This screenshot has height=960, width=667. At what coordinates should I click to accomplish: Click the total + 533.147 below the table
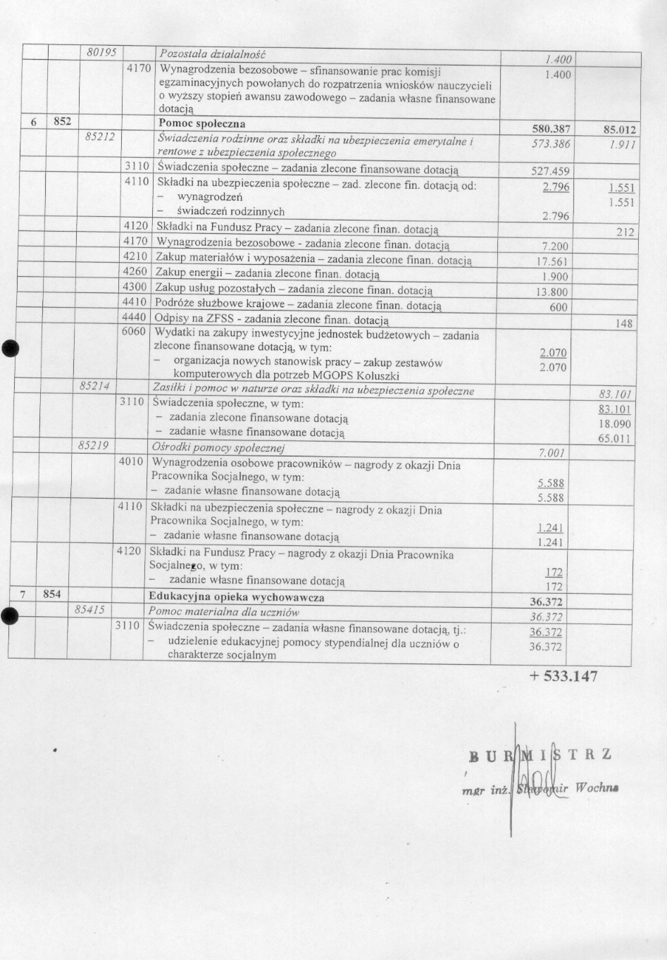click(x=563, y=676)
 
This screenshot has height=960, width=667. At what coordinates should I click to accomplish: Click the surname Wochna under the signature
click(x=597, y=787)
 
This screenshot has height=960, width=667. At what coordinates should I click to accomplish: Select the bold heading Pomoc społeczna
click(x=202, y=124)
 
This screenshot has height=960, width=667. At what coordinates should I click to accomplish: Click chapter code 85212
click(x=99, y=136)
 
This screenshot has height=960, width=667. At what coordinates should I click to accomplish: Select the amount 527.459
click(x=550, y=171)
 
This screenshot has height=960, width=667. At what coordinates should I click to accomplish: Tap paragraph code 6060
click(x=134, y=331)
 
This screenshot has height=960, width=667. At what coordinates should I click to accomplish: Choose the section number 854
click(x=52, y=594)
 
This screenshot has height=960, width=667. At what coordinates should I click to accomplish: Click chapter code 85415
click(x=90, y=609)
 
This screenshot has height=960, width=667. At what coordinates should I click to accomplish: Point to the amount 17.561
click(x=551, y=261)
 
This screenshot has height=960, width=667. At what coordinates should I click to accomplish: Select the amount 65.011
click(x=616, y=440)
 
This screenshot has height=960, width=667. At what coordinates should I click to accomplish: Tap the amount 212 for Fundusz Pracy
click(x=625, y=232)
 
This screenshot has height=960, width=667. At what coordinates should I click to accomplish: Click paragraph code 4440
click(x=135, y=318)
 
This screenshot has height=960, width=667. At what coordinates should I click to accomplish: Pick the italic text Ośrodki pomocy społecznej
click(x=218, y=447)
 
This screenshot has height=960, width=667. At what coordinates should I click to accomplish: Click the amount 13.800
click(x=551, y=292)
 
